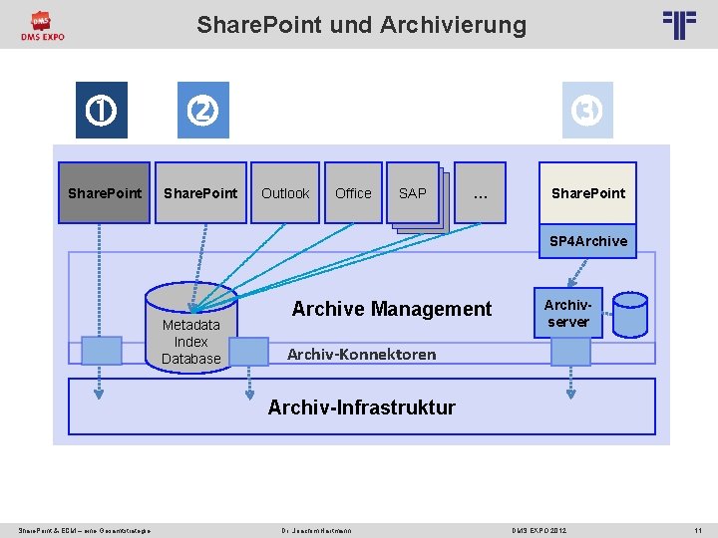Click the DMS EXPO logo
click(42, 26)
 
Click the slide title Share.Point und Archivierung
click(361, 24)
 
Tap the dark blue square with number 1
click(104, 110)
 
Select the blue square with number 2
click(202, 110)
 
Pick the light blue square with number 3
click(587, 110)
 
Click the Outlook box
click(285, 193)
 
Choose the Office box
click(353, 193)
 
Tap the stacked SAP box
click(413, 192)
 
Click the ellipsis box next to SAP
click(481, 193)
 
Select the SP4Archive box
click(588, 241)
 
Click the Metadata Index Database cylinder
click(190, 327)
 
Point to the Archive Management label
click(391, 309)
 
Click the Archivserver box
click(568, 312)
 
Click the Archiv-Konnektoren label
click(361, 354)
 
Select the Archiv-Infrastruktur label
click(361, 406)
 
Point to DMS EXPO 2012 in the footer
click(538, 530)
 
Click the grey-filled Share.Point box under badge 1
click(104, 193)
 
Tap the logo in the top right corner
click(679, 24)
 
